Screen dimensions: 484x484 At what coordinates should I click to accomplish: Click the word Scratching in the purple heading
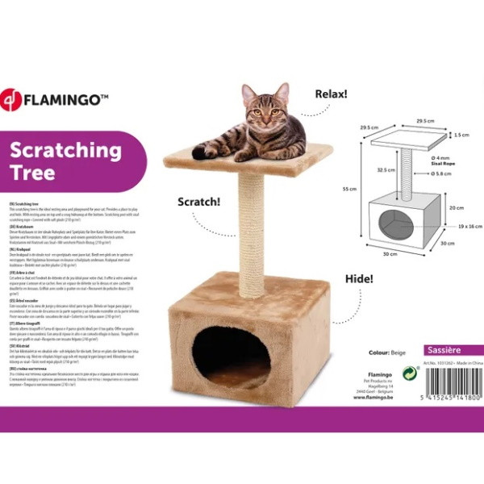click(x=66, y=151)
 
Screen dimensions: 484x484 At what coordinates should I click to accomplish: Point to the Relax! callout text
click(x=331, y=94)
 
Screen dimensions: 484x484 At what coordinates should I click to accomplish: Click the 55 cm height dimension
click(x=348, y=189)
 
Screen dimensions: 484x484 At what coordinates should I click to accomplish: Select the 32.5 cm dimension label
click(x=386, y=170)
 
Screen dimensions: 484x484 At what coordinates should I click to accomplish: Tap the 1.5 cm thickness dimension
click(x=461, y=136)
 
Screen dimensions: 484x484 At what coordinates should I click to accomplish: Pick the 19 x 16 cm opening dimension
click(x=463, y=227)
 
